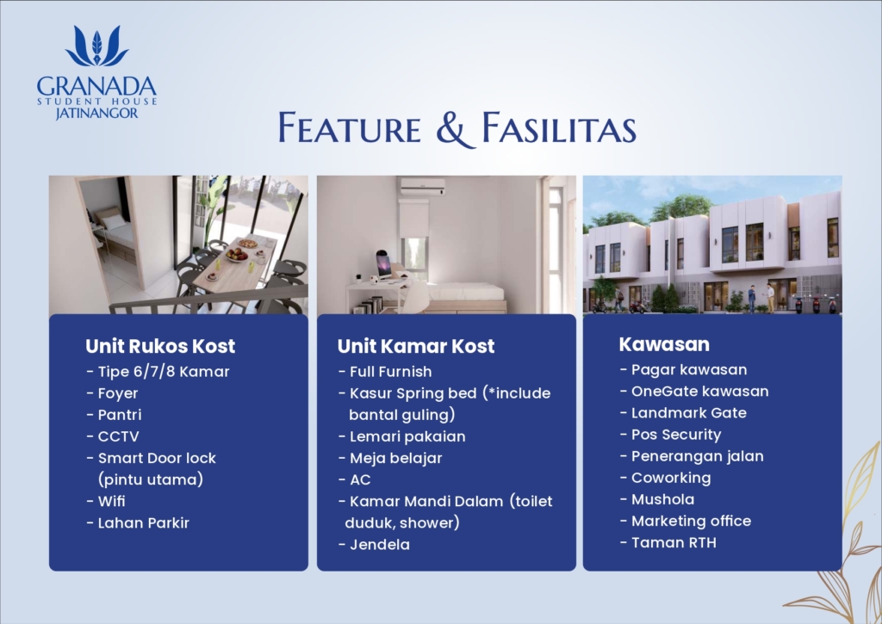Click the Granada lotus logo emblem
[96, 46]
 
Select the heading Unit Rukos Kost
[160, 346]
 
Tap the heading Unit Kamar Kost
[416, 346]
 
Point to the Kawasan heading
[664, 344]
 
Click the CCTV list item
[113, 436]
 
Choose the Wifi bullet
[106, 501]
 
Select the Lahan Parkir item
[139, 522]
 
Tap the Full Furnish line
[385, 372]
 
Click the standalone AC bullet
[355, 479]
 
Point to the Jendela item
[374, 544]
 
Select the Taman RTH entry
[668, 542]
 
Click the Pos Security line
[670, 435]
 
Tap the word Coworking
[671, 478]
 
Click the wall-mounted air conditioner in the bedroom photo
[422, 186]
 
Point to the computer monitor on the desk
[384, 264]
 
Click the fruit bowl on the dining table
[237, 256]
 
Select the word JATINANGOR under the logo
[96, 113]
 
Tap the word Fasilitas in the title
[559, 127]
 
